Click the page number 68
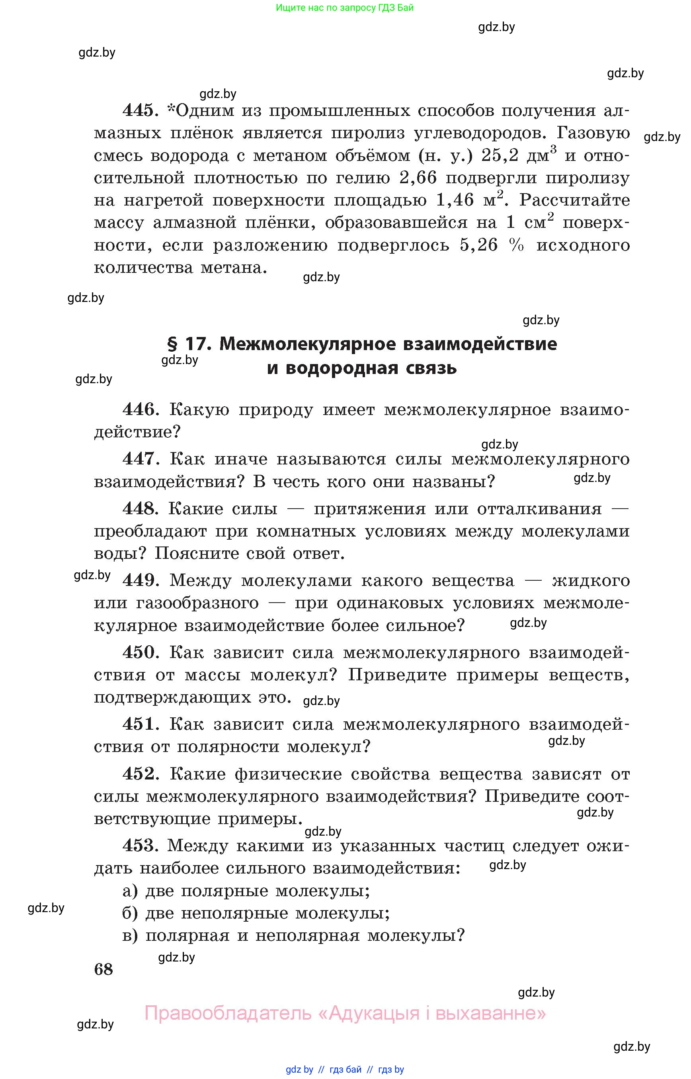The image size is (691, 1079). click(x=103, y=969)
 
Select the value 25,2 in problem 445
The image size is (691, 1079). click(x=500, y=156)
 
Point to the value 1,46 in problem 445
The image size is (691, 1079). click(x=455, y=200)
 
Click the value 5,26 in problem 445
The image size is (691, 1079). click(x=478, y=245)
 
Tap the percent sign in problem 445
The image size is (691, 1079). click(x=516, y=245)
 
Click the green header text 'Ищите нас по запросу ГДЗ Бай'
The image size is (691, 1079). click(x=345, y=8)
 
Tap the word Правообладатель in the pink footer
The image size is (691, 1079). click(x=228, y=1013)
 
